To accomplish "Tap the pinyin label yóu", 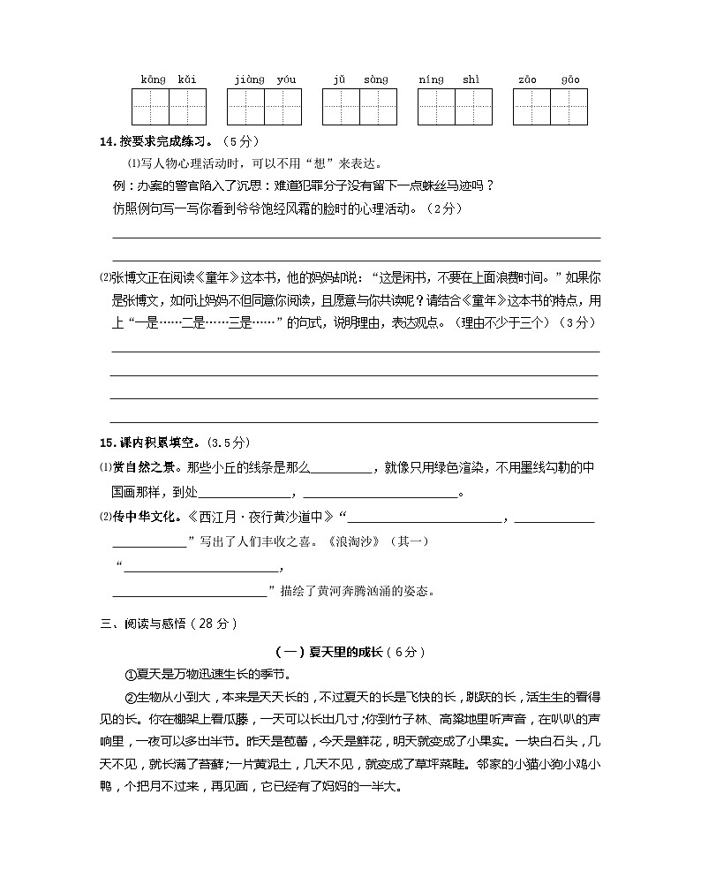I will coord(286,80).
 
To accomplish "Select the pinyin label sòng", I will coord(375,80).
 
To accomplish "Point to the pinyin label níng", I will coord(431,80).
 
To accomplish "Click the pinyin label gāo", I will coord(570,80).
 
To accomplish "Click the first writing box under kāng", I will coord(151,107).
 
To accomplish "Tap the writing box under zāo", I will coord(532,107).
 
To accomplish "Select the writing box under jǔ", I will coord(342,107).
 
